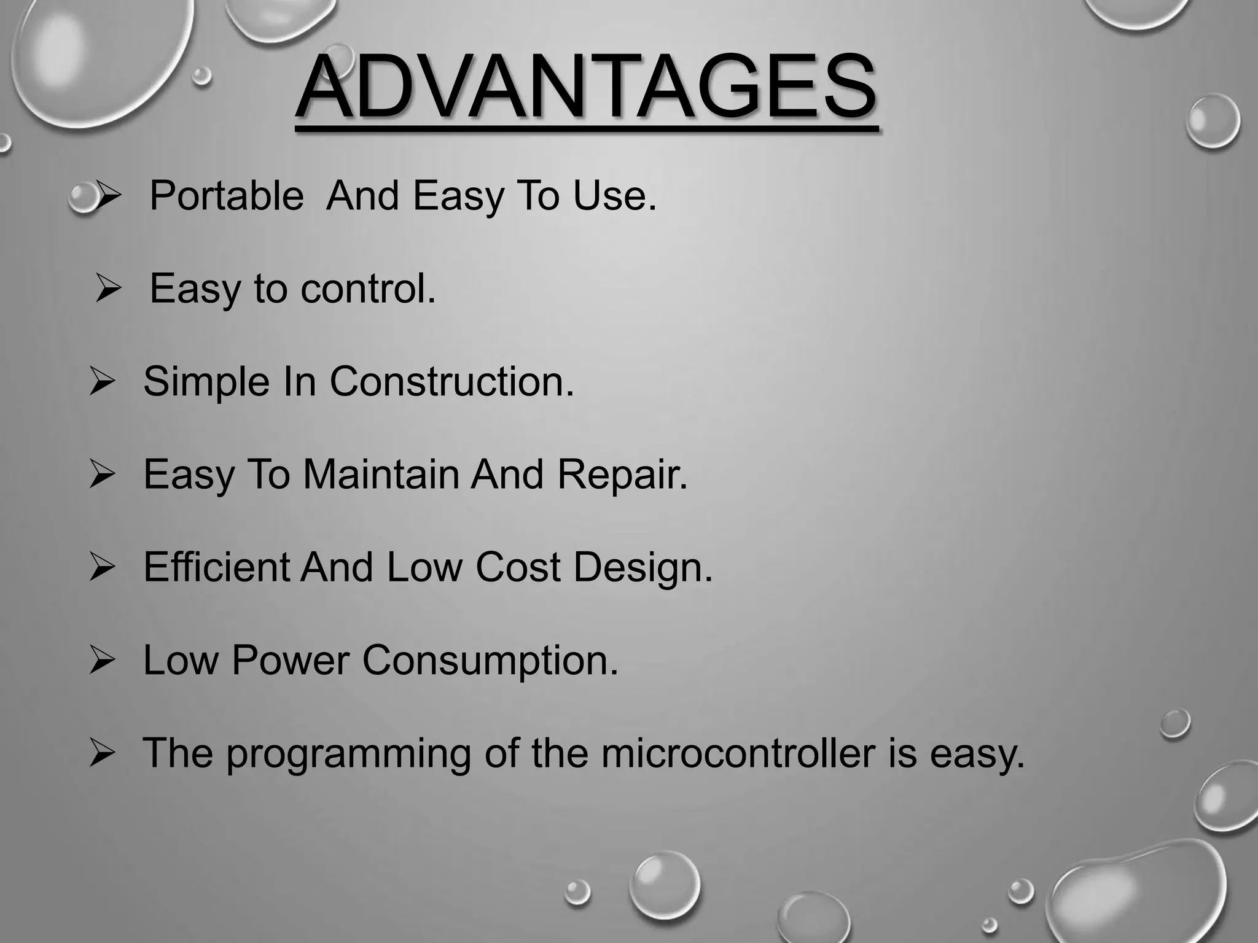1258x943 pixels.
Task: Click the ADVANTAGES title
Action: click(x=587, y=87)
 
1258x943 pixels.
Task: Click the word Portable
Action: click(x=226, y=196)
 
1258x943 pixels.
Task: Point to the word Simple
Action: click(x=206, y=382)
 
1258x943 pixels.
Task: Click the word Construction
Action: click(x=451, y=381)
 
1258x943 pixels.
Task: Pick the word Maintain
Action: click(x=381, y=474)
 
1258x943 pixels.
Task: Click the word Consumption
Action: click(x=490, y=661)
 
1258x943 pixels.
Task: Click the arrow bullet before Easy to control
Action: click(x=108, y=288)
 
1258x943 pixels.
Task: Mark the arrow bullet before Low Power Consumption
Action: click(x=102, y=661)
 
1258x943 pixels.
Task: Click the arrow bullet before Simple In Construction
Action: click(x=102, y=381)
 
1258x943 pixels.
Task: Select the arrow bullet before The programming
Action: click(x=102, y=753)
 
